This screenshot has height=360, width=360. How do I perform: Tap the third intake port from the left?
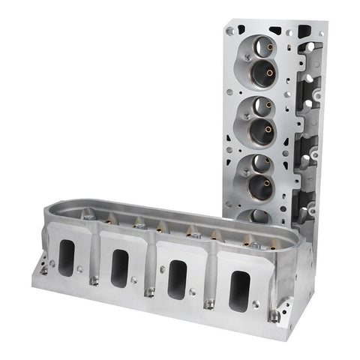point(177,278)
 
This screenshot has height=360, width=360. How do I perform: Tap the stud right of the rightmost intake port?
point(274,316)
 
